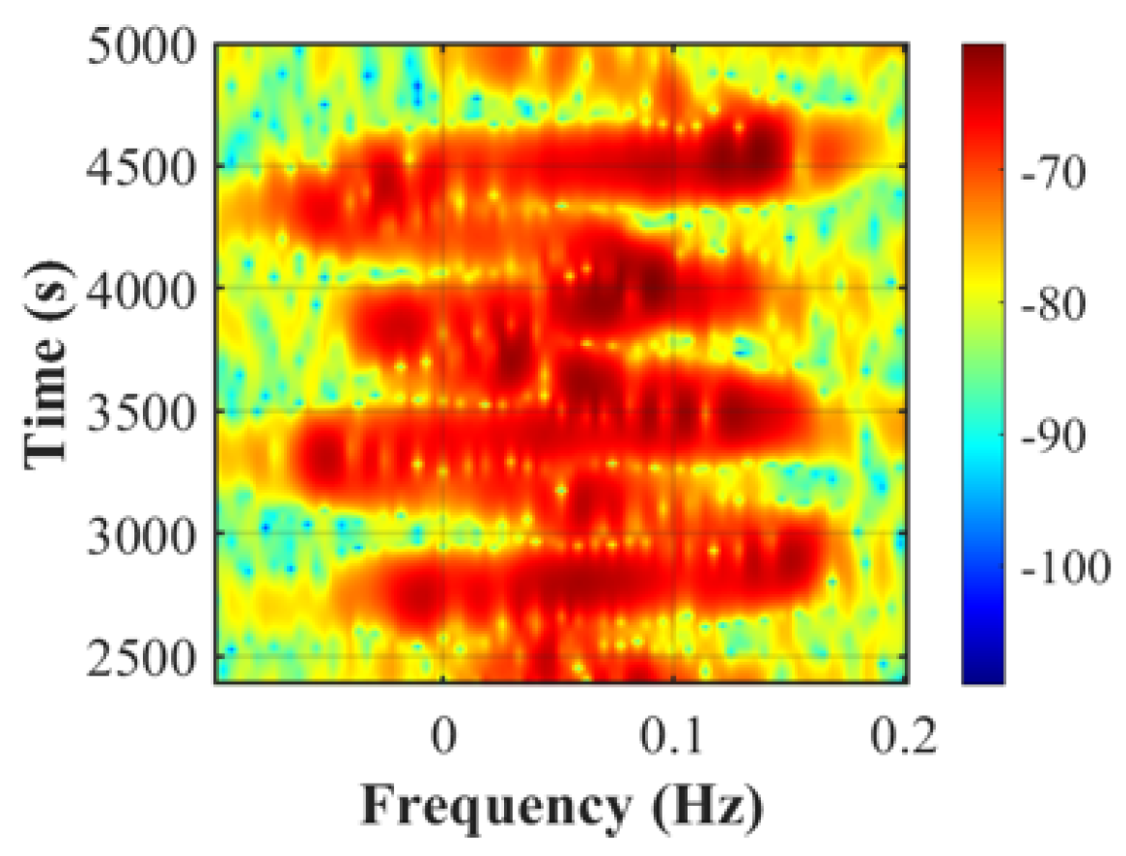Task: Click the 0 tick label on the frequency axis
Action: point(442,738)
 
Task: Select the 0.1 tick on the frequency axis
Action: point(673,738)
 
